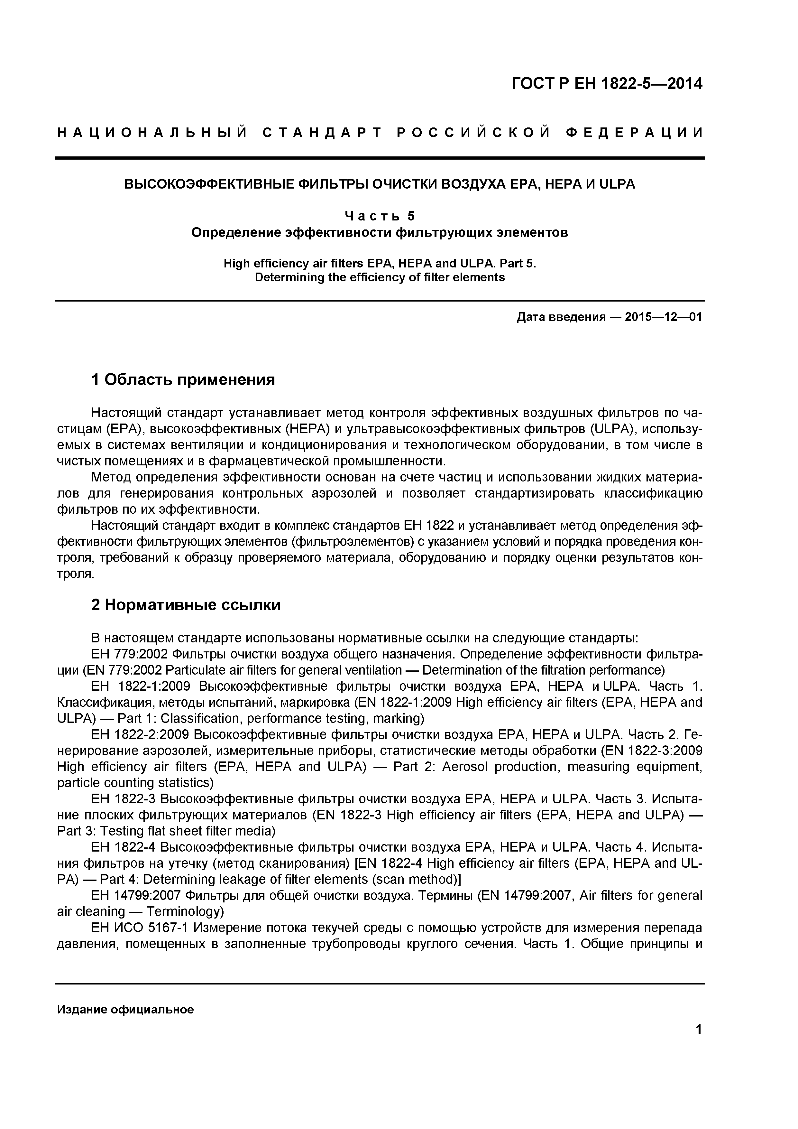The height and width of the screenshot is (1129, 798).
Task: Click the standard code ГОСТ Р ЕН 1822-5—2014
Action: [607, 84]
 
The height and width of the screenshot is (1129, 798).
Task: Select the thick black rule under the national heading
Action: [379, 158]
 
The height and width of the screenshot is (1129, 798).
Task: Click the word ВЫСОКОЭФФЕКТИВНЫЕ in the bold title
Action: [206, 184]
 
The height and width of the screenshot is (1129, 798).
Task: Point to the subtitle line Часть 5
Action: [379, 216]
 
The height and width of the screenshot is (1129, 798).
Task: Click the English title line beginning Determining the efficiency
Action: [379, 277]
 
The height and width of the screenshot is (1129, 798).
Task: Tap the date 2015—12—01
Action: [663, 317]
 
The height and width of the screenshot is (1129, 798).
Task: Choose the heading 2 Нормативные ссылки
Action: [186, 605]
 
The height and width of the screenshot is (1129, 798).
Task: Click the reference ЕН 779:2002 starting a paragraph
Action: [129, 655]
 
